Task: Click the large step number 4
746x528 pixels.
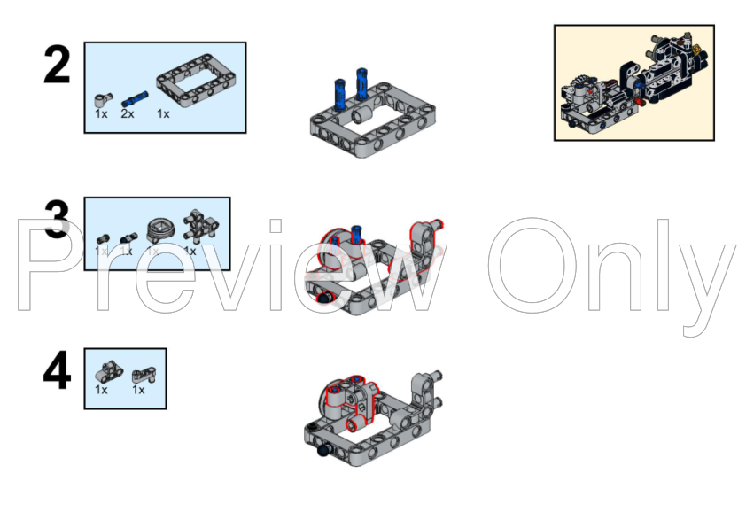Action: pyautogui.click(x=57, y=371)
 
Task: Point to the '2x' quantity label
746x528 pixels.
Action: pyautogui.click(x=128, y=113)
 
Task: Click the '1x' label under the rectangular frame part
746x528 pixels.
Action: pyautogui.click(x=163, y=113)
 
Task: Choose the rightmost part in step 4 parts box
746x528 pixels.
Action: pyautogui.click(x=141, y=374)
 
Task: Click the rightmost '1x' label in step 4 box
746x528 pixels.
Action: pyautogui.click(x=139, y=390)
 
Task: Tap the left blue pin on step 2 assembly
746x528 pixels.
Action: pyautogui.click(x=338, y=92)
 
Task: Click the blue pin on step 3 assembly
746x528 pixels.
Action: pyautogui.click(x=358, y=235)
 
